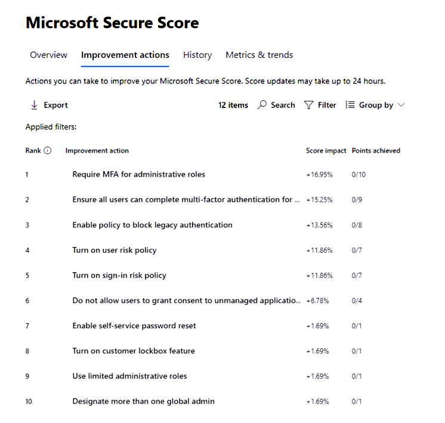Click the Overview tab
[x=48, y=55]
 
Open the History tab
[x=197, y=55]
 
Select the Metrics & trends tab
[x=259, y=55]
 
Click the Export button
[x=50, y=105]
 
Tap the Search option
[x=276, y=105]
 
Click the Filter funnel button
[x=320, y=105]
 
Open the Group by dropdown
[x=375, y=105]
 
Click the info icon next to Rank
[x=48, y=150]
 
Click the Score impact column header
[x=326, y=150]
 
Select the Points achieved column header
[x=376, y=150]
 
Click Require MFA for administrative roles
[x=138, y=175]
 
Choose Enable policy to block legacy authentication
[x=152, y=225]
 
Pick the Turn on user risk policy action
[x=115, y=250]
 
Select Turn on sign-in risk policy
[x=119, y=276]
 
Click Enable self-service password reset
[x=134, y=326]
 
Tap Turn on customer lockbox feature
[x=134, y=351]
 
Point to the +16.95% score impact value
[x=319, y=175]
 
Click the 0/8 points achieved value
[x=357, y=225]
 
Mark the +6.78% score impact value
[x=317, y=301]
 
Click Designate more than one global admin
[x=143, y=402]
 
